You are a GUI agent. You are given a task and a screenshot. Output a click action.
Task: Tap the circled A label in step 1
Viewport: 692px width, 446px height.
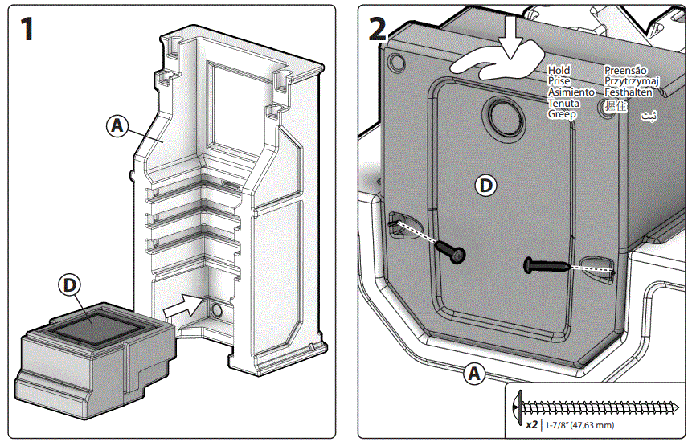coord(117,125)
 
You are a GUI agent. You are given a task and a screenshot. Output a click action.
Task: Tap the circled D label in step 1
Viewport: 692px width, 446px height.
coord(71,284)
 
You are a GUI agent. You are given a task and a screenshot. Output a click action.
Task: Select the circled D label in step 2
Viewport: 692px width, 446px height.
coord(485,186)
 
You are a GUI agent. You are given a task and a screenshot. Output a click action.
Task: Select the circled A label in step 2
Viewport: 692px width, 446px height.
coord(474,374)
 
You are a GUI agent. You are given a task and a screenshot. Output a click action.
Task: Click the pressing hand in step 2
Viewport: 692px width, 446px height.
coord(497,68)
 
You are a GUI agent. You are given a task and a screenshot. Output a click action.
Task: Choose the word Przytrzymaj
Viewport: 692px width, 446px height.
coord(632,81)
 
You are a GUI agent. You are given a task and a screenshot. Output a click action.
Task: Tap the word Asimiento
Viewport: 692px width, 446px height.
coord(571,92)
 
